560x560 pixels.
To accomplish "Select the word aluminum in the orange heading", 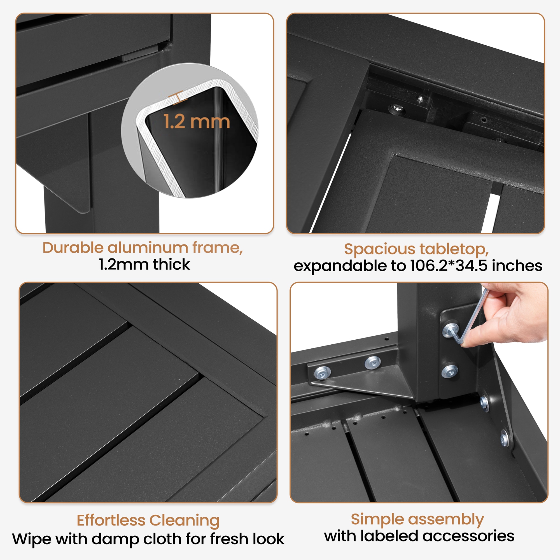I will [x=148, y=248].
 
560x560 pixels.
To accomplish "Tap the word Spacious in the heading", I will [x=380, y=249].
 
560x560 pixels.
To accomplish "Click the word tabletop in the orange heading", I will [x=454, y=249].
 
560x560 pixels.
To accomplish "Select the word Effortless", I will [x=111, y=520].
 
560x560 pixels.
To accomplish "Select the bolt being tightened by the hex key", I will [x=450, y=330].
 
